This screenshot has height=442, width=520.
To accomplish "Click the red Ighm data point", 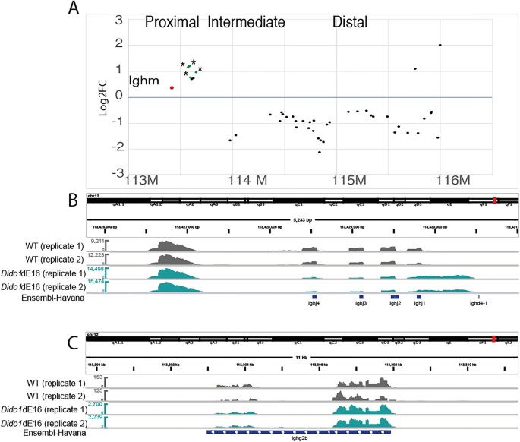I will [x=172, y=87].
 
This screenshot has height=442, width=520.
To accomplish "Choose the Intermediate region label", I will [x=247, y=22].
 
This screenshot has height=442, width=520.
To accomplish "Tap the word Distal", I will [x=351, y=22].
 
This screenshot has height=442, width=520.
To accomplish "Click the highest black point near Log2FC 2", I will [x=440, y=45].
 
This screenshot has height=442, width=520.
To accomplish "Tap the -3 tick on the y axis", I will [x=119, y=172].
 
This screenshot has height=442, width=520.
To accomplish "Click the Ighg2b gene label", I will [x=299, y=437].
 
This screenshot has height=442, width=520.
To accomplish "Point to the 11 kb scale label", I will [x=301, y=356].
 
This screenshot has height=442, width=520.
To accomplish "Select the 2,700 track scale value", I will [x=94, y=405].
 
